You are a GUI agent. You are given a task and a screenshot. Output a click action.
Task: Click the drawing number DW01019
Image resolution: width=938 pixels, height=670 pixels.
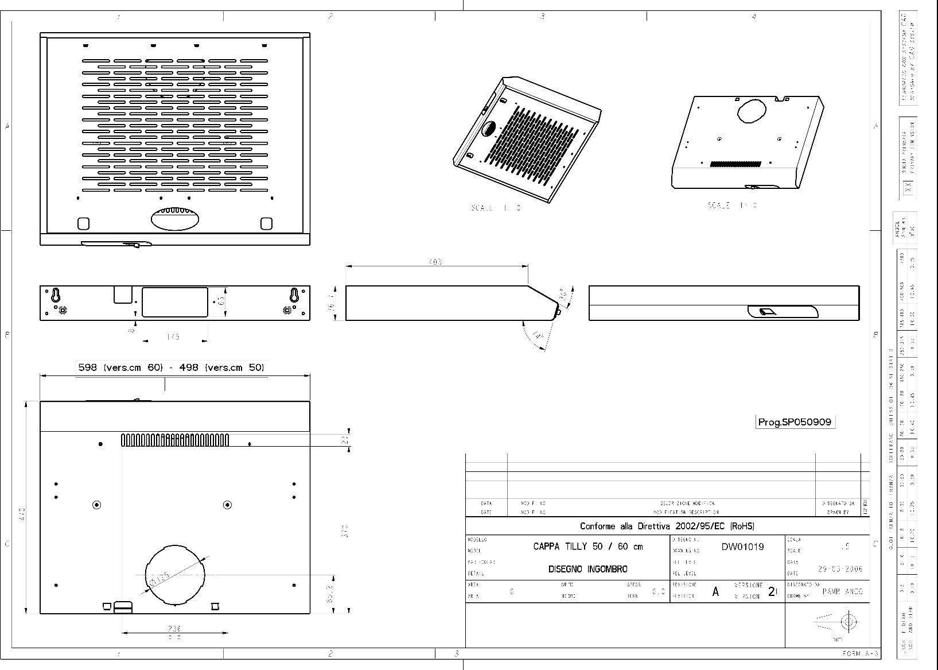click(742, 547)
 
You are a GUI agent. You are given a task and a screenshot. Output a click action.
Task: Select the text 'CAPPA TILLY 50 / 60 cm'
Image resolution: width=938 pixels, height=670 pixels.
click(588, 547)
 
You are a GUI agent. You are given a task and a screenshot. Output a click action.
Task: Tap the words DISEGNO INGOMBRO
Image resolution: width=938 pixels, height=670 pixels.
click(587, 569)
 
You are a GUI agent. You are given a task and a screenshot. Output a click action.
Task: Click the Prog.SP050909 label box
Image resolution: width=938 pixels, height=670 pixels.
click(795, 422)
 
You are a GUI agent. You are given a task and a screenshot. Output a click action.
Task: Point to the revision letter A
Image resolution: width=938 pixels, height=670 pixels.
click(715, 592)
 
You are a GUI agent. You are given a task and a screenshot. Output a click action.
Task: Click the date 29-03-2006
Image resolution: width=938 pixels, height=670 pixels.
click(840, 569)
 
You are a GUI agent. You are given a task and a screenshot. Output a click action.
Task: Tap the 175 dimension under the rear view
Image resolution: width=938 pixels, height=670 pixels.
click(173, 337)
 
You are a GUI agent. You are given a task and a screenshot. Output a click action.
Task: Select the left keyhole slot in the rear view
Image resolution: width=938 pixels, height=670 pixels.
click(56, 295)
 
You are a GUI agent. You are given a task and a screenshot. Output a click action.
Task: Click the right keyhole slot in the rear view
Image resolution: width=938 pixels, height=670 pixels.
click(294, 295)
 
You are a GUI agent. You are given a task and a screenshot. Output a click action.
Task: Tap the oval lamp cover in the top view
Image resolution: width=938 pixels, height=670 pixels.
click(176, 219)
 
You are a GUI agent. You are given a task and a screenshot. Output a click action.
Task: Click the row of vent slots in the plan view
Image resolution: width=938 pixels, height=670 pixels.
click(175, 440)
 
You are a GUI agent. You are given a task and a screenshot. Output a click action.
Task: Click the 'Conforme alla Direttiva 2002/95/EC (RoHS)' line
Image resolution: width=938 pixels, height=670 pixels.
click(667, 526)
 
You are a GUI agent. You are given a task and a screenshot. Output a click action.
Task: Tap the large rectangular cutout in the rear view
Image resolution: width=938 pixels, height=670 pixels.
click(174, 302)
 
